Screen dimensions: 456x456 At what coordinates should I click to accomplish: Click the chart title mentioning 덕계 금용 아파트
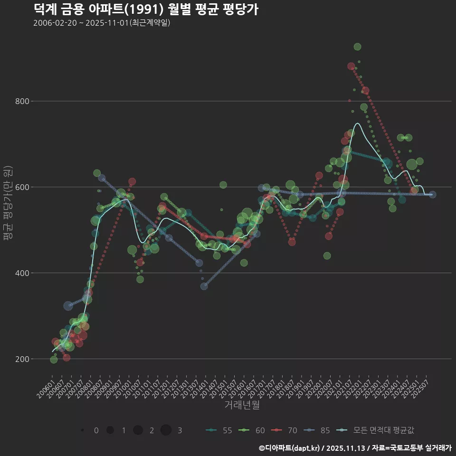(x=146, y=9)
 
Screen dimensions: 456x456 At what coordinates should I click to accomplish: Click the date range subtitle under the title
(x=102, y=23)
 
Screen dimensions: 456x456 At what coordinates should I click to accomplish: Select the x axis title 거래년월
(x=242, y=405)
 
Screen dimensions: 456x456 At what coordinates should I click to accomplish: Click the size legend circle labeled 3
(x=166, y=430)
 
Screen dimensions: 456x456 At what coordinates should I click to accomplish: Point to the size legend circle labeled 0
(x=83, y=430)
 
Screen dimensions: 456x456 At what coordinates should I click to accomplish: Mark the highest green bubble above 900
(x=357, y=47)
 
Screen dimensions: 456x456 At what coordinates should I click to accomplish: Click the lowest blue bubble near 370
(x=204, y=286)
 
